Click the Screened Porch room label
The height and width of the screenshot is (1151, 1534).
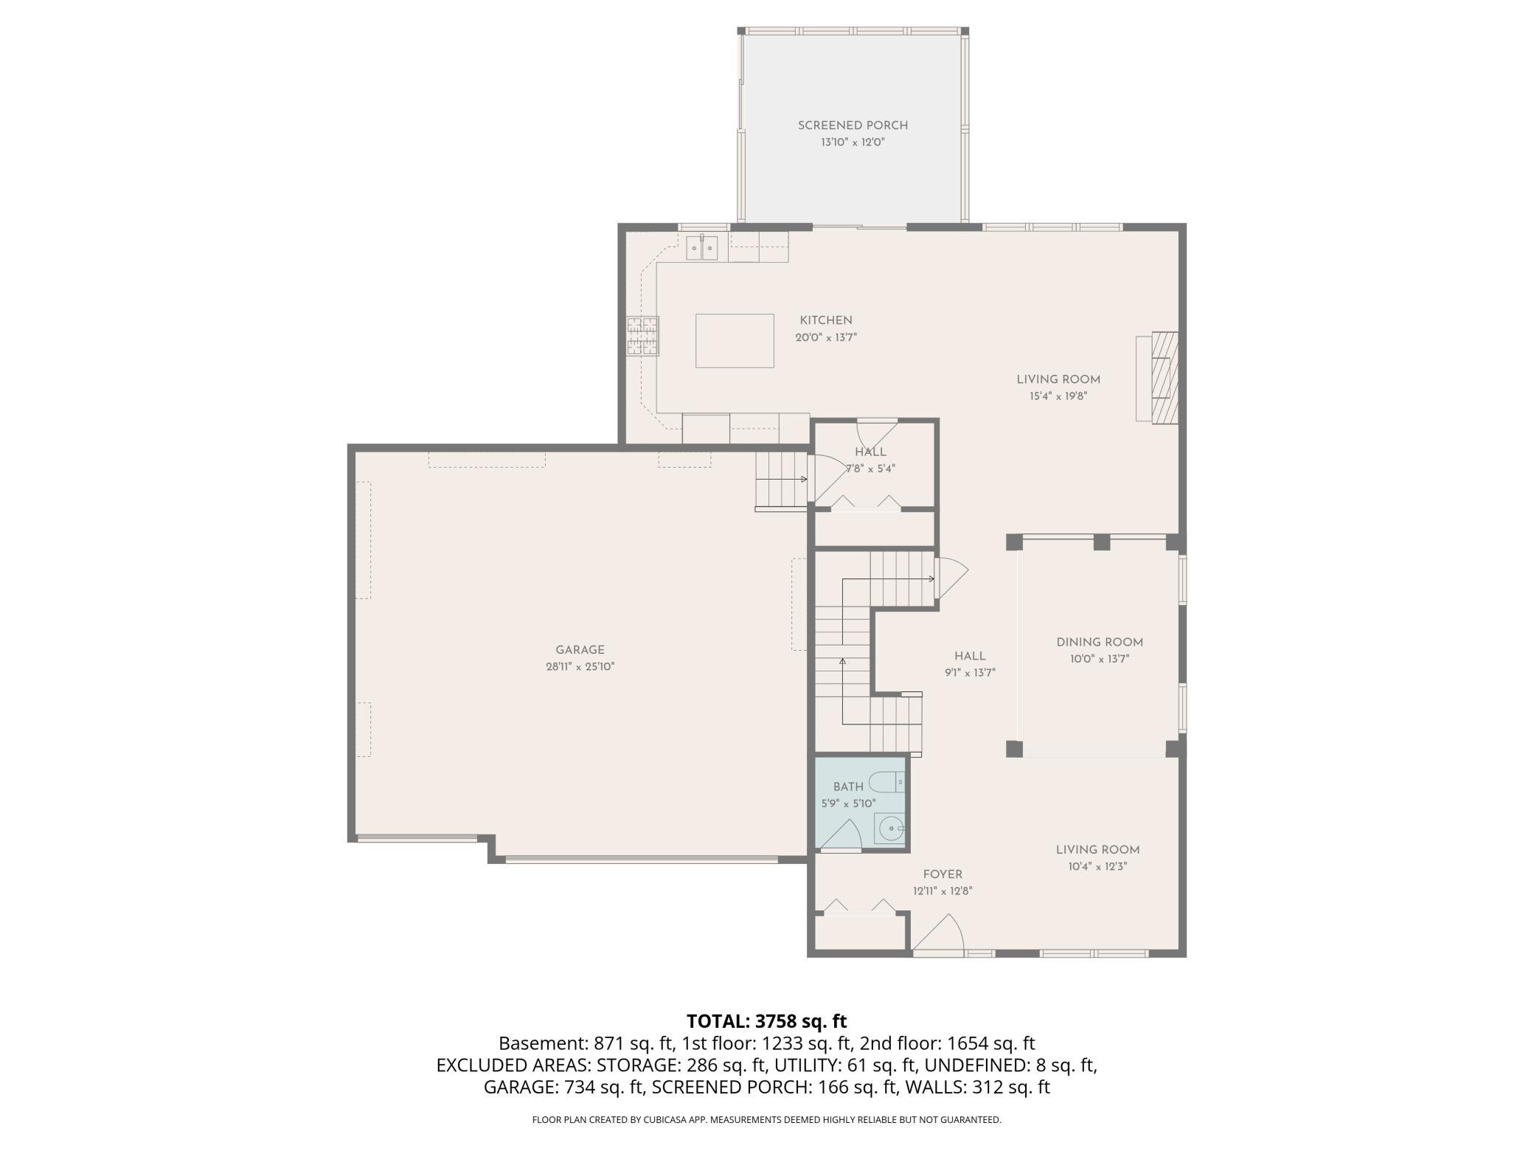pyautogui.click(x=853, y=125)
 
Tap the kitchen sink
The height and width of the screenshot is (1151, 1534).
pyautogui.click(x=186, y=248)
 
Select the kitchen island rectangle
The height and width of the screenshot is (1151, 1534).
pyautogui.click(x=735, y=340)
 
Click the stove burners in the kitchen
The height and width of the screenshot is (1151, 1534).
pyautogui.click(x=642, y=336)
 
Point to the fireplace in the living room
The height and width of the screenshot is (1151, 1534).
pyautogui.click(x=1156, y=377)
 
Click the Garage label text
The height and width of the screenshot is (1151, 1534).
pyautogui.click(x=580, y=650)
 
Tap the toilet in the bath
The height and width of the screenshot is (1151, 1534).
pyautogui.click(x=886, y=781)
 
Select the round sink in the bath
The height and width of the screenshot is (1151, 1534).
pyautogui.click(x=889, y=829)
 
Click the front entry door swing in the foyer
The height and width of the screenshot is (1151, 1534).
pyautogui.click(x=938, y=933)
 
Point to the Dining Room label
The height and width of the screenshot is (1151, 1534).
pyautogui.click(x=1099, y=643)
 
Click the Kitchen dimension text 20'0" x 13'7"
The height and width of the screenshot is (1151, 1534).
pyautogui.click(x=826, y=338)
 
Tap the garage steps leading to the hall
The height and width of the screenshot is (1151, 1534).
pyautogui.click(x=781, y=480)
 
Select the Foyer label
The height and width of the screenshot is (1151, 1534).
pyautogui.click(x=943, y=875)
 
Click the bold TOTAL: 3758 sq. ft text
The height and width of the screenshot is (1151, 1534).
pyautogui.click(x=767, y=1021)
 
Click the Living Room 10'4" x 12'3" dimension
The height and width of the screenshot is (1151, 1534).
pyautogui.click(x=1098, y=867)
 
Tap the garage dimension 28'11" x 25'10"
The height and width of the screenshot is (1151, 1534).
pyautogui.click(x=580, y=667)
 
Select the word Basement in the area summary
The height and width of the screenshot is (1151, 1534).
pyautogui.click(x=542, y=1043)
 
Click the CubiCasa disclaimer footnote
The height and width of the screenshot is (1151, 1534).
pyautogui.click(x=767, y=1120)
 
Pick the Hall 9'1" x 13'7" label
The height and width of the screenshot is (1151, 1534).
pyautogui.click(x=970, y=664)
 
